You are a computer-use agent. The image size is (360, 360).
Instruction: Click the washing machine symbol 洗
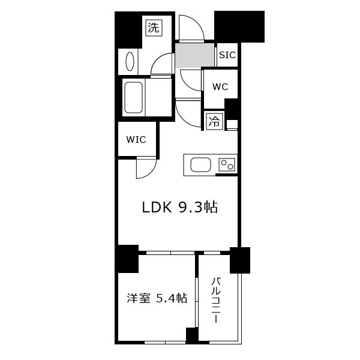(x=154, y=28)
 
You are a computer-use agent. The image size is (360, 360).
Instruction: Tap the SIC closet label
(x=227, y=55)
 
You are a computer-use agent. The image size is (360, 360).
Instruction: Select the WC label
(x=220, y=87)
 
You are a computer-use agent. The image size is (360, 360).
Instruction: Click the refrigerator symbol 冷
(x=214, y=122)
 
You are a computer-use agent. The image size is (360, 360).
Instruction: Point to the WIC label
(x=136, y=140)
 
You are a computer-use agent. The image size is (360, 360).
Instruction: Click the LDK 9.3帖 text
(x=180, y=208)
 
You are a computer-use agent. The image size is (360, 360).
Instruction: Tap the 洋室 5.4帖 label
(x=157, y=298)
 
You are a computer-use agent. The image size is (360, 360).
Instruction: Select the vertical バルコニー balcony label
(x=216, y=301)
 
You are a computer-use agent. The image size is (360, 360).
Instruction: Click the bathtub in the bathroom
(x=133, y=98)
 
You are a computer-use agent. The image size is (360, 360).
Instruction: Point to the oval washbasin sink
(x=130, y=61)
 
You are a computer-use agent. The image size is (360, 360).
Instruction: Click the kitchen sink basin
(x=200, y=164)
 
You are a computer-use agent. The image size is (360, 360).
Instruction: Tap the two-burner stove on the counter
(x=227, y=164)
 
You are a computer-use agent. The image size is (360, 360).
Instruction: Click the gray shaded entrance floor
(x=194, y=55)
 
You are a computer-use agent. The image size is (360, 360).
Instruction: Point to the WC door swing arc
(x=187, y=84)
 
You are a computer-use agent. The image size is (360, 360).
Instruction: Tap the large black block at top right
(x=239, y=26)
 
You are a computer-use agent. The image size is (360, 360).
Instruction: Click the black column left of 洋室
(x=127, y=259)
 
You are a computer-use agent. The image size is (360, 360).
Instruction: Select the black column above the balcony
(x=240, y=260)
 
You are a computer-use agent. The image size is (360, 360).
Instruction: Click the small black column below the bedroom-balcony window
(x=192, y=335)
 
